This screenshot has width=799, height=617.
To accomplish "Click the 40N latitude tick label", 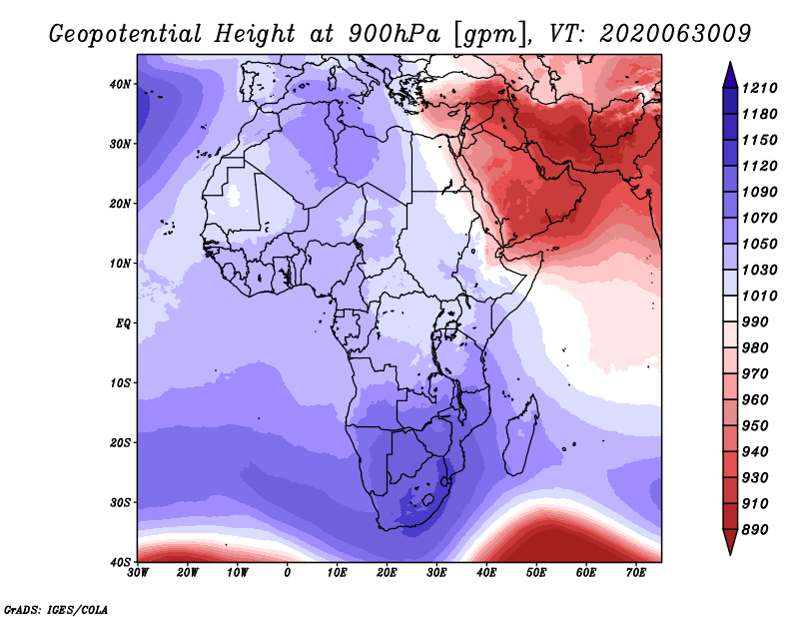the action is tap(120, 84).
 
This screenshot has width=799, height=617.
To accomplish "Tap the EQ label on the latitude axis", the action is tap(123, 323).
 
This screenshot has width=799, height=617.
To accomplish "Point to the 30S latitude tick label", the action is tap(120, 502).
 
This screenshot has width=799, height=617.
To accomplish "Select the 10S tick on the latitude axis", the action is tap(120, 382).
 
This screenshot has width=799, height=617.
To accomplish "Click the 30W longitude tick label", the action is tap(138, 573).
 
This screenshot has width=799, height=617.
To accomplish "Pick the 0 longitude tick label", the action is tap(288, 573).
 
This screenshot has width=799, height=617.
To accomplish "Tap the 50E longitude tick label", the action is tap(536, 573).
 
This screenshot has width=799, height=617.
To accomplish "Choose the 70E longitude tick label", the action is tap(635, 573).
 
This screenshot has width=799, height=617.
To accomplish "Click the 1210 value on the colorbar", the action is tap(759, 88).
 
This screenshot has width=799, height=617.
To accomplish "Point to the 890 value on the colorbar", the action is tap(755, 529).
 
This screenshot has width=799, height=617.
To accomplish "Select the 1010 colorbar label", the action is tap(759, 296).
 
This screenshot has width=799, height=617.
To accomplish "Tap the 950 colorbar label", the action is tap(755, 425).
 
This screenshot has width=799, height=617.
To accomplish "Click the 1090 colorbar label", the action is tap(759, 192).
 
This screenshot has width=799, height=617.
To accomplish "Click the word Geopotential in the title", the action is tap(126, 34).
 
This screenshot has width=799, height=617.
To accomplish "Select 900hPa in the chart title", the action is tap(395, 34).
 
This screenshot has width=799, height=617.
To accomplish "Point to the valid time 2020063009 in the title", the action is tap(675, 33).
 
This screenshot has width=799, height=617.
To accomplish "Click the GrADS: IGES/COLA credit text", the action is tap(56, 609).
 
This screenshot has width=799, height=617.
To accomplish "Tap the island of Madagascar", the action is tap(520, 435).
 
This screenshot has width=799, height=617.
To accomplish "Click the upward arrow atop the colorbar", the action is tap(730, 75).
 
